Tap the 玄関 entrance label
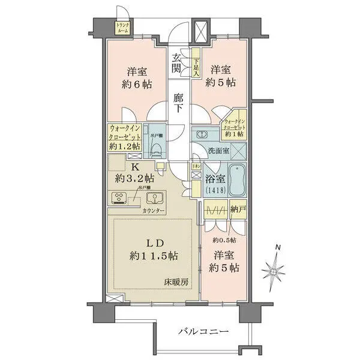pyautogui.click(x=178, y=63)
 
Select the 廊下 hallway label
pyautogui.click(x=178, y=103)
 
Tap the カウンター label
pyautogui.click(x=155, y=211)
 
